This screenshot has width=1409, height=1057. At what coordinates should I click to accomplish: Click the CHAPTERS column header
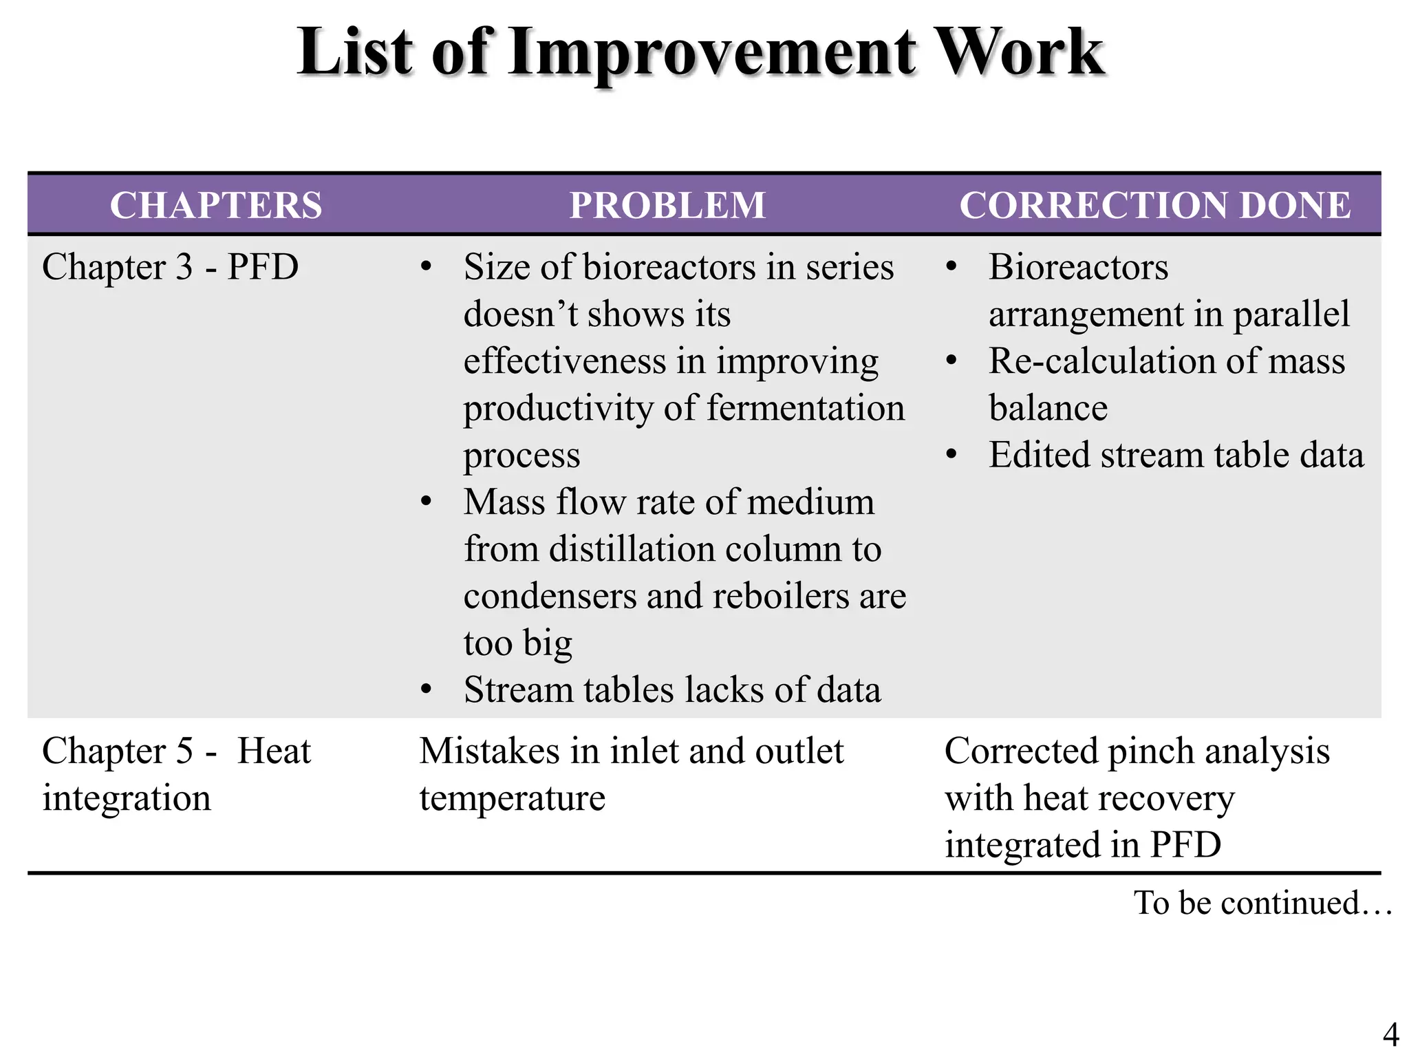coord(216,205)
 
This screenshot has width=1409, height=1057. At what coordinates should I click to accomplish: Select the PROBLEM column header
coord(667,205)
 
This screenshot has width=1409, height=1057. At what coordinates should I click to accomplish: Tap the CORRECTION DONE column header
coord(1155,205)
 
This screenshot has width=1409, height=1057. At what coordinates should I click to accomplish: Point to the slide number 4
coord(1390,1034)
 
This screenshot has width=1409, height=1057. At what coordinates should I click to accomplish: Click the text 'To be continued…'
coord(1263,902)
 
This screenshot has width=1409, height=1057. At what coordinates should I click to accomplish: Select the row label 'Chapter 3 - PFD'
coord(171,267)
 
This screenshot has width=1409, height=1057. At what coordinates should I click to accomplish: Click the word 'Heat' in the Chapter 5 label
coord(274,751)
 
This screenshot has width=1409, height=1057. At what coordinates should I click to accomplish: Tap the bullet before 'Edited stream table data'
coord(951,455)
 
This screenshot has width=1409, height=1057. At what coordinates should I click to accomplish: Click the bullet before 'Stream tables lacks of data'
coord(427,690)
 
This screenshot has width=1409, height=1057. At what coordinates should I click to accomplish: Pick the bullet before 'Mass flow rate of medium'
coord(427,502)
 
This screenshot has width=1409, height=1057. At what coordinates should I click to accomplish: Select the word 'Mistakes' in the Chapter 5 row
coord(488,751)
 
